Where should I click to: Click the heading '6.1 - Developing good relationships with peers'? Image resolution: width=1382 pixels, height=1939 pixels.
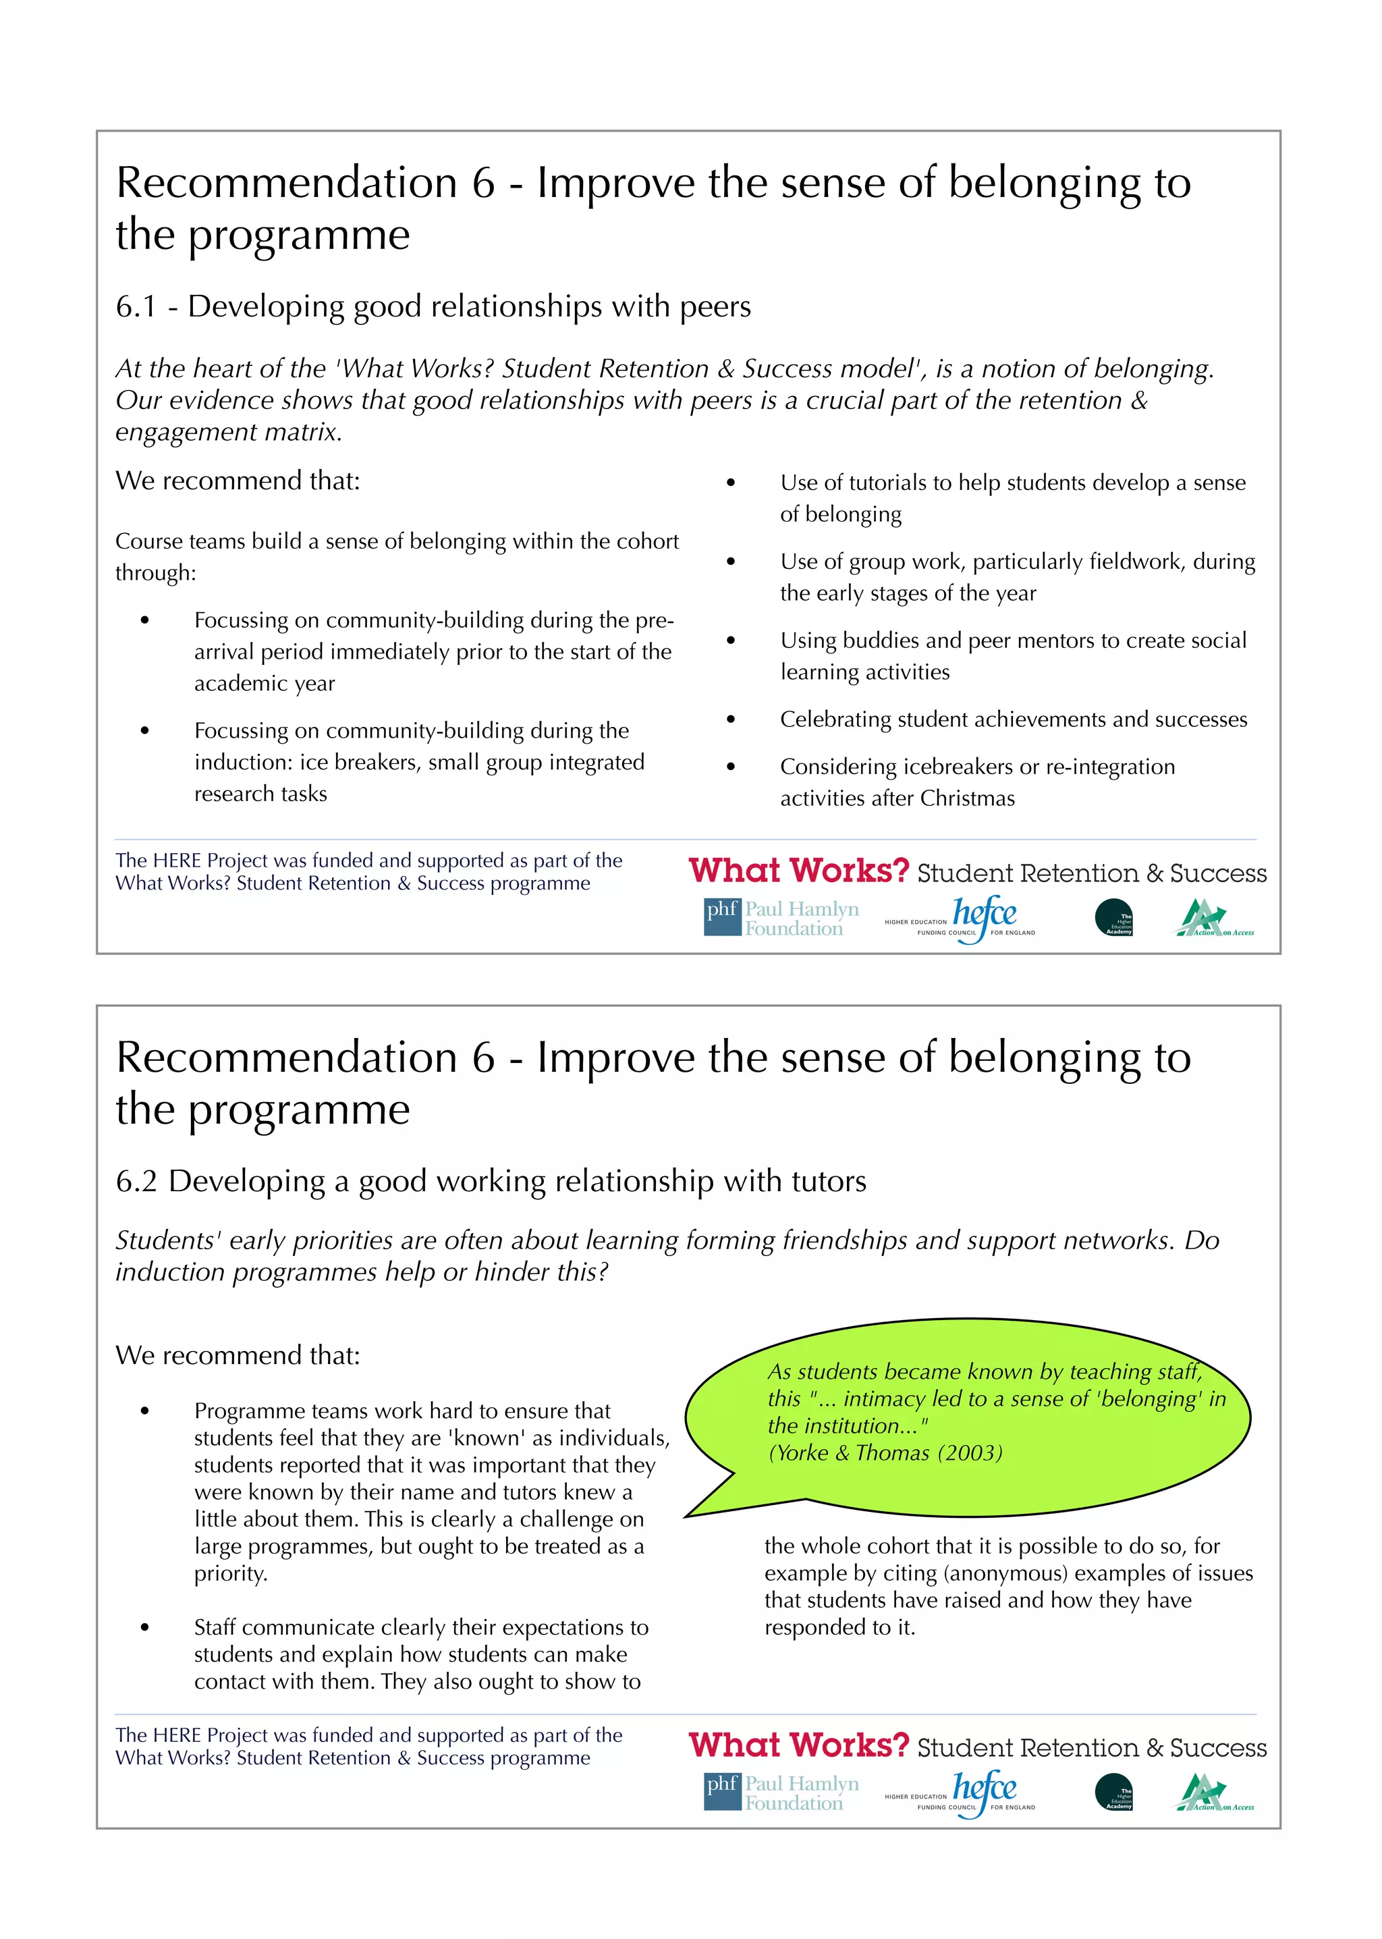[433, 306]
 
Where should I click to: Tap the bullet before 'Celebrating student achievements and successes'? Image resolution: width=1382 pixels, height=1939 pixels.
[730, 719]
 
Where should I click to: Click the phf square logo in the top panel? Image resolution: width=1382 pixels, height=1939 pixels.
[721, 917]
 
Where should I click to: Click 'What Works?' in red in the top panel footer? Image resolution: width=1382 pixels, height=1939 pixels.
[798, 871]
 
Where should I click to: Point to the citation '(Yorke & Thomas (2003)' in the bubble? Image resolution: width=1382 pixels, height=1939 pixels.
[885, 1452]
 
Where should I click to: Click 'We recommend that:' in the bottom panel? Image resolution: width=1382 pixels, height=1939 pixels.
[238, 1355]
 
